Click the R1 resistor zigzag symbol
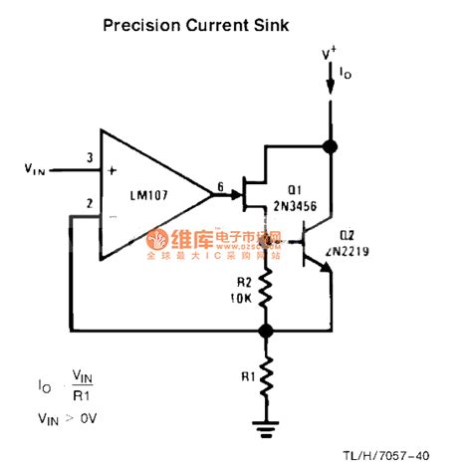(x=265, y=377)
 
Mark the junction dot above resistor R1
(x=265, y=330)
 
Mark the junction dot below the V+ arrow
(x=331, y=147)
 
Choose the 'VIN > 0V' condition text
(x=65, y=420)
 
